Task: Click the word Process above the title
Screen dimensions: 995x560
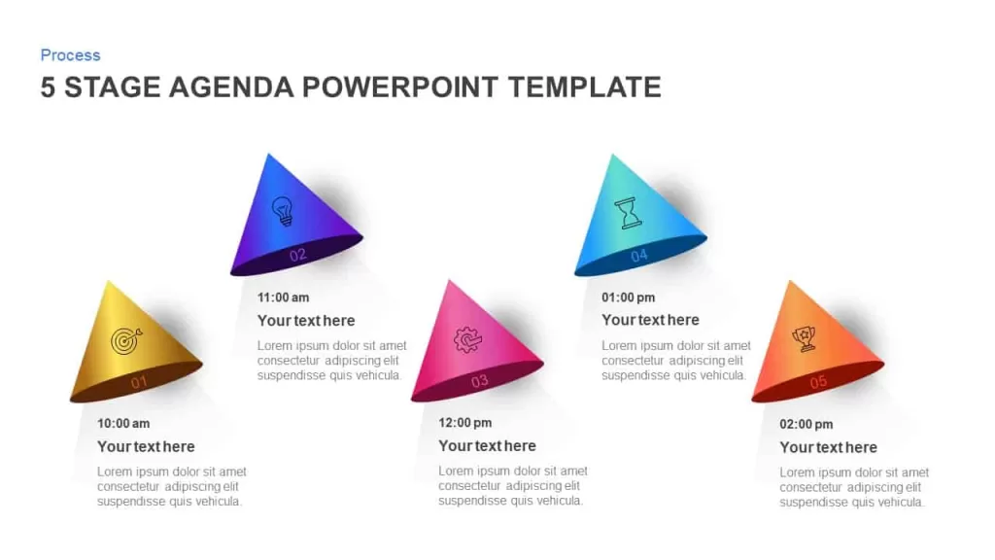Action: tap(70, 55)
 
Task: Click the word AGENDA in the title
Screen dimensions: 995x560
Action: tap(231, 87)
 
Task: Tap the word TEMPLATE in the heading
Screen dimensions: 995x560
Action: tap(584, 87)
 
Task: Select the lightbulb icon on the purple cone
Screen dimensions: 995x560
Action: tap(283, 210)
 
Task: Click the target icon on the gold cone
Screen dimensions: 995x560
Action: tap(126, 340)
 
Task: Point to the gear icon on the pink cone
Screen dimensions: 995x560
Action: tap(467, 339)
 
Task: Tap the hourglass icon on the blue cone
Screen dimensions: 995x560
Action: tap(629, 213)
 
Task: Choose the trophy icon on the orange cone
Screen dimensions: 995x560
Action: tap(805, 338)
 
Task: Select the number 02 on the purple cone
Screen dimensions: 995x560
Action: tap(297, 256)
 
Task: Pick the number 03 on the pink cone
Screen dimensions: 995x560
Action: tap(480, 381)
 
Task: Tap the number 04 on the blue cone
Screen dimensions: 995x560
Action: tap(639, 256)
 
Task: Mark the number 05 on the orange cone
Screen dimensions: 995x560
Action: tap(818, 381)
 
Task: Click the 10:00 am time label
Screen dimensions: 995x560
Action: tap(123, 424)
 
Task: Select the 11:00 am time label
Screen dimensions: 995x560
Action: tap(283, 297)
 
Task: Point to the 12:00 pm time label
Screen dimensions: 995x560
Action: tap(465, 423)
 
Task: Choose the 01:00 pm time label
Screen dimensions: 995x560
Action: tap(629, 297)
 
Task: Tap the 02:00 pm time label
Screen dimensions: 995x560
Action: tap(806, 424)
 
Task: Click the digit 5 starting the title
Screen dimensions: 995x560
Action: tap(48, 87)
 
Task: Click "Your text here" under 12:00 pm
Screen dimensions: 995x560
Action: tap(488, 445)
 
